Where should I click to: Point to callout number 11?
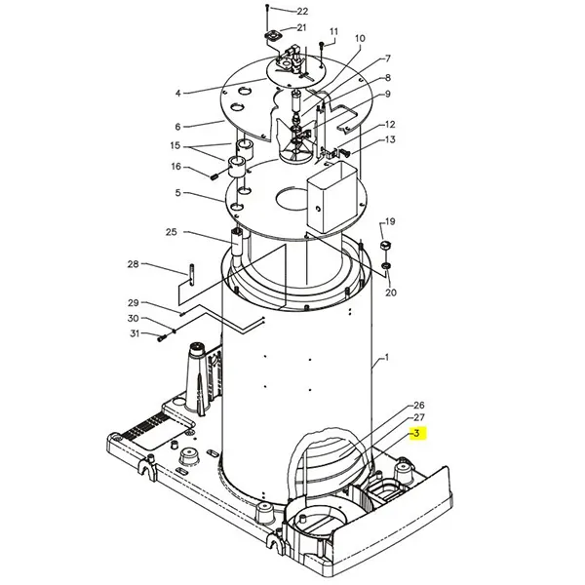[x=332, y=31]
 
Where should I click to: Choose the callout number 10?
[x=360, y=39]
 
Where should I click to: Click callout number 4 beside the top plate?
[x=178, y=93]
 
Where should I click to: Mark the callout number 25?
[x=172, y=232]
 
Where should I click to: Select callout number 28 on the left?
[x=133, y=264]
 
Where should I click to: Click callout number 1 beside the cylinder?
[x=386, y=359]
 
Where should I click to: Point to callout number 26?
[x=419, y=405]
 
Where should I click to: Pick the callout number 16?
[x=176, y=167]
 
